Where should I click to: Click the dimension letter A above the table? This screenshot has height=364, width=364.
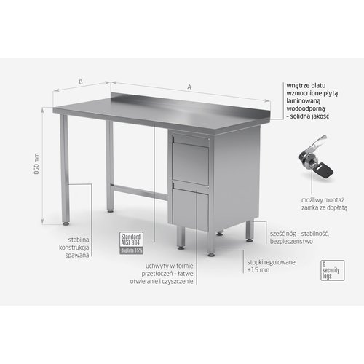(189, 87)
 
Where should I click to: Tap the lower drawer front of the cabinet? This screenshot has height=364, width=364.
(191, 208)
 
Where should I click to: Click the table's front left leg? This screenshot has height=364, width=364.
(65, 171)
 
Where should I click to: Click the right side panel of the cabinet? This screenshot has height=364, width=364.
(234, 179)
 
